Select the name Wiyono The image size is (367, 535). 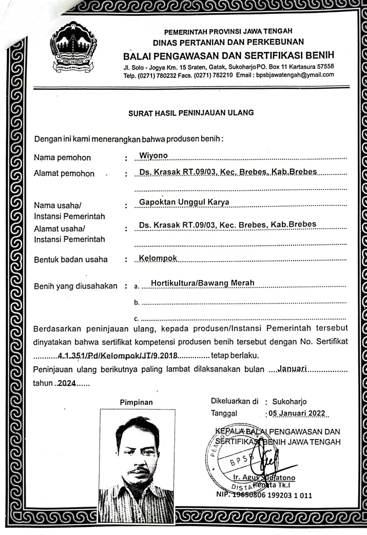[x=153, y=154]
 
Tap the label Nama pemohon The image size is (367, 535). [x=62, y=157]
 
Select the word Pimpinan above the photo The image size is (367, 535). [x=137, y=402]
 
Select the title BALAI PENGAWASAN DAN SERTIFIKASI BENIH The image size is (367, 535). [x=228, y=55]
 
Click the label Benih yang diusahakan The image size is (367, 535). [x=75, y=286]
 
